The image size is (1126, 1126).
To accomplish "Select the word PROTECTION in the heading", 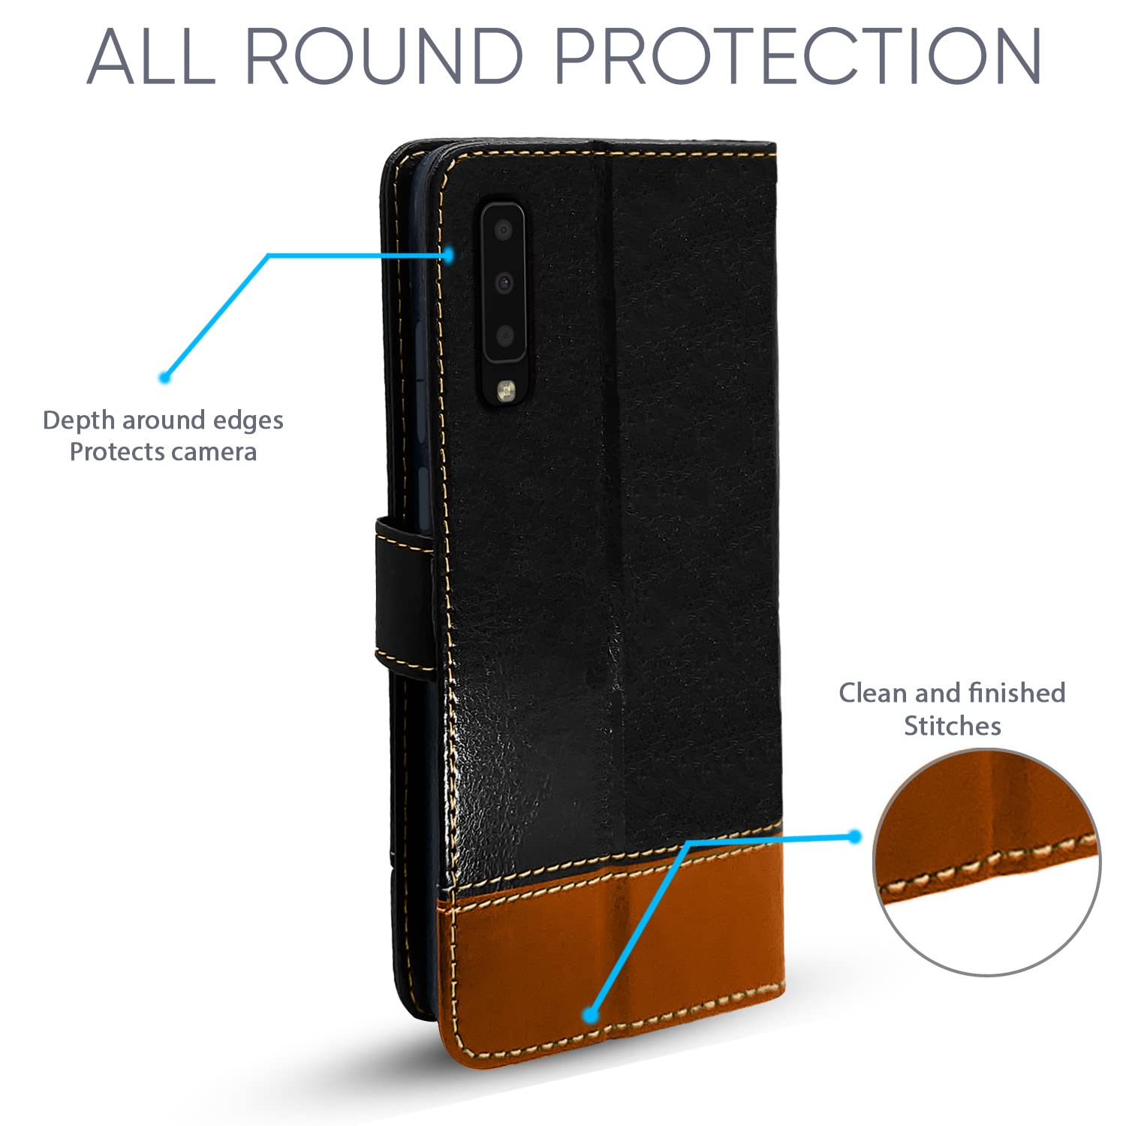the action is pos(798,56).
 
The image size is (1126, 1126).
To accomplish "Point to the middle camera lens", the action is pos(503,282).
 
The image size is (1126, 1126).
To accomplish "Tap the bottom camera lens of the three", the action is pos(504,335).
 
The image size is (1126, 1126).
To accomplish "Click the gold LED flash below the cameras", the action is pos(504,388).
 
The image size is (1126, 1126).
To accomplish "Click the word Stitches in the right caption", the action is pos(952,726).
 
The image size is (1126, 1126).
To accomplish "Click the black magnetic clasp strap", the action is pos(402,593).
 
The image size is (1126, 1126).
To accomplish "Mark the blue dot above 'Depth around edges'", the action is pos(165,377).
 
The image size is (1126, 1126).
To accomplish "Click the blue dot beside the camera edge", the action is pos(448,255).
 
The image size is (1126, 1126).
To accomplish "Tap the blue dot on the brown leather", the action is pos(591,1015).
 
